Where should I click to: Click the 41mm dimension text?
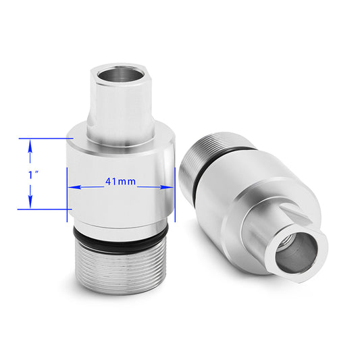point(120,182)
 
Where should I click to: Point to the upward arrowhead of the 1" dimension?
point(30,144)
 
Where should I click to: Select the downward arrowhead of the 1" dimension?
point(30,204)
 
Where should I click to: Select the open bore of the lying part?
point(297,251)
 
